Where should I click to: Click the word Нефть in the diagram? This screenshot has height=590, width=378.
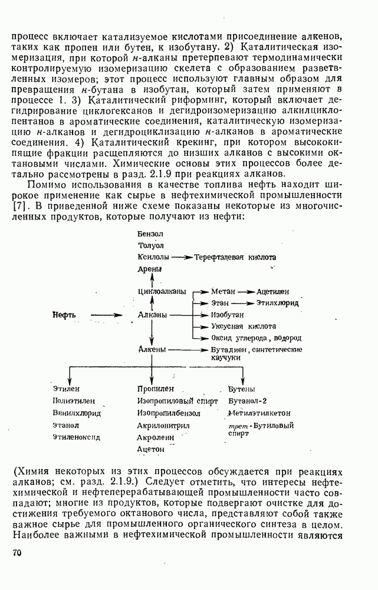[64, 316]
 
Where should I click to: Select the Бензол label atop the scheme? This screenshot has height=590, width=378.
[150, 234]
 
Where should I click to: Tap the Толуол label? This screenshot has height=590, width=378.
[150, 245]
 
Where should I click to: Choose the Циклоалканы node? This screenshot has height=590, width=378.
[162, 291]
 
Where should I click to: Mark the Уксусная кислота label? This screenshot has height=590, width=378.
[244, 326]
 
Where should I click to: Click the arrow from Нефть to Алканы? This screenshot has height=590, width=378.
[110, 316]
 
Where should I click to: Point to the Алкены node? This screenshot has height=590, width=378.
[151, 349]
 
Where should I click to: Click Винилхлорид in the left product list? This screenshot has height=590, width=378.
[76, 413]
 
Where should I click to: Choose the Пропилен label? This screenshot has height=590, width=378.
[155, 389]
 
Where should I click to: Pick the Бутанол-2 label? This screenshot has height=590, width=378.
[248, 401]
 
